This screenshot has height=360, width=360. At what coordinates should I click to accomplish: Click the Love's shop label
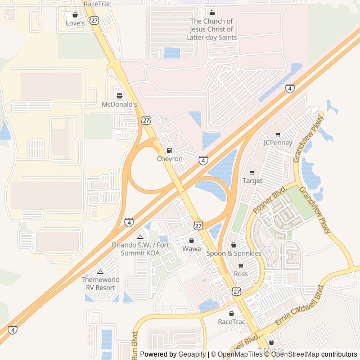75,24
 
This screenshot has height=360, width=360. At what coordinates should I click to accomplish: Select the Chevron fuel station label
169,159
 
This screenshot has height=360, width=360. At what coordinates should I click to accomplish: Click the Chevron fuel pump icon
169,151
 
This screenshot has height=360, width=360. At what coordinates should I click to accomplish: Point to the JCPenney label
278,143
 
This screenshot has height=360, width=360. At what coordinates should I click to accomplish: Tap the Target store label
252,181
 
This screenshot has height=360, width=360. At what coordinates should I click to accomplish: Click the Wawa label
191,249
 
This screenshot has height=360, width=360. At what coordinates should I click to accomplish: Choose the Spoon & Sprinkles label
233,254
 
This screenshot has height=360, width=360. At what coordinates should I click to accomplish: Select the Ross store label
241,274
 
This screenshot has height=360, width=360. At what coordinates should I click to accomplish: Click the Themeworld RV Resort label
100,283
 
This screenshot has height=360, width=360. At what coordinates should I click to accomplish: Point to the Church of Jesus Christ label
211,29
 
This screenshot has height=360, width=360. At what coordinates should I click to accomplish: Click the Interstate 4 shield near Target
203,160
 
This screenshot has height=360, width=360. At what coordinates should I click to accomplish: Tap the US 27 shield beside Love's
94,20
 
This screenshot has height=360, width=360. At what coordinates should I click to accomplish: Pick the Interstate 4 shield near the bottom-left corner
12,330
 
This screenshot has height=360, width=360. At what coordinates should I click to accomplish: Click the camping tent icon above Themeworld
100,272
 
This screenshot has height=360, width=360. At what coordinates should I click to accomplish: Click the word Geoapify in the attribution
192,354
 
